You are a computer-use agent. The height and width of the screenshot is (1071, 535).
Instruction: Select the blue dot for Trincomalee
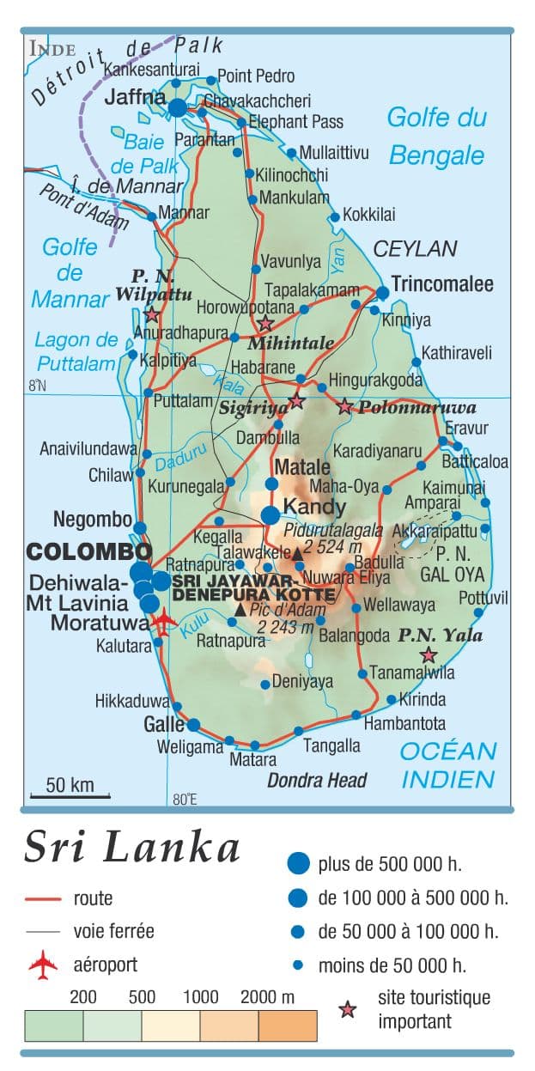coord(382,293)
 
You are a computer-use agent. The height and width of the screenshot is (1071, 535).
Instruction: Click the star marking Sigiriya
coord(296,401)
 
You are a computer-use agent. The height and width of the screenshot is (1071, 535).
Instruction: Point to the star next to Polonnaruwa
coord(345,406)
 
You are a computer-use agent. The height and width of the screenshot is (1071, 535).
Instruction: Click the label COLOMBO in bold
coord(88,551)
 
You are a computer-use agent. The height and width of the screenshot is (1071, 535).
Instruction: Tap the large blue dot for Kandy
coord(271,514)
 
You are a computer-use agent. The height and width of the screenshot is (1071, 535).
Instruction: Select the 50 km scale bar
coord(70,795)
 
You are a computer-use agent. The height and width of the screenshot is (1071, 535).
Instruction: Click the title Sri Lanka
coord(132,847)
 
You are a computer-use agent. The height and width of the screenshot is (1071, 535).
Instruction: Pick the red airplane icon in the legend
coord(43,965)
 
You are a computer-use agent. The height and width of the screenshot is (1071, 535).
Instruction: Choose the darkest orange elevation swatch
coord(288,1025)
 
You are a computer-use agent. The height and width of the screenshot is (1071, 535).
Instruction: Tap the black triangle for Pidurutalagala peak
coord(297,555)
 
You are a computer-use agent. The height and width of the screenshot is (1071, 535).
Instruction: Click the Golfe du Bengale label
coord(436,136)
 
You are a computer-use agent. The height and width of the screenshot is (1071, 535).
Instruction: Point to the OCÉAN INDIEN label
coord(448,764)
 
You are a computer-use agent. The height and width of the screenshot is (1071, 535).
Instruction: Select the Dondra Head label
coord(317,780)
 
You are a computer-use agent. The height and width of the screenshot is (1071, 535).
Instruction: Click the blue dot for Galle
coord(194,724)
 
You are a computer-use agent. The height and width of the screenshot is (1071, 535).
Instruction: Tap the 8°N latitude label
coord(37,386)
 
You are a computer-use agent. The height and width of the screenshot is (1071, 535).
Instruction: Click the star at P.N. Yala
coord(428,655)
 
